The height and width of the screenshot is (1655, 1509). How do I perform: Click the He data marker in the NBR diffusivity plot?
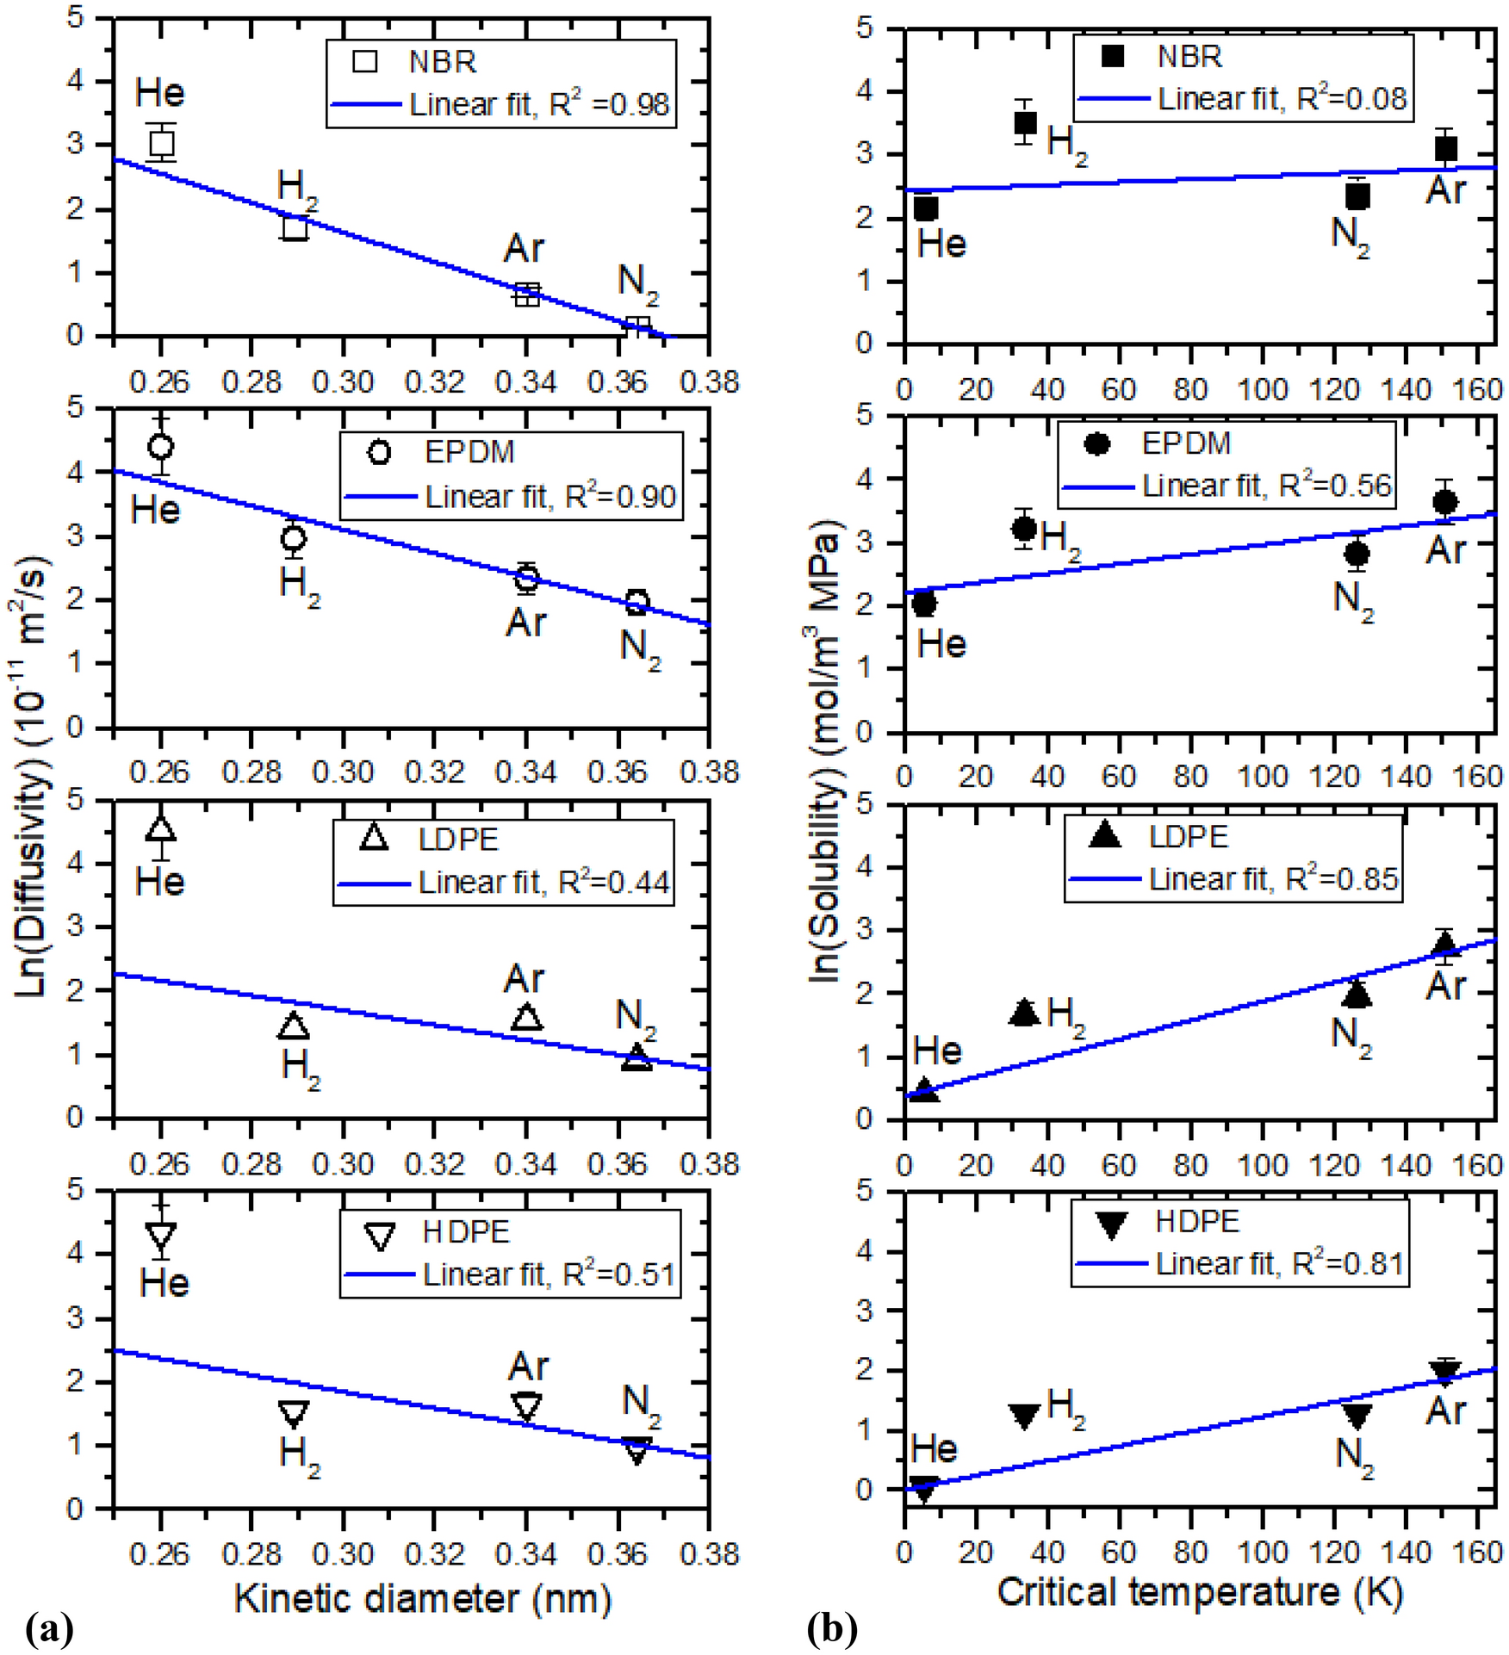tap(161, 143)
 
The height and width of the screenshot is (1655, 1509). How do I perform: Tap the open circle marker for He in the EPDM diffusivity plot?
tap(161, 446)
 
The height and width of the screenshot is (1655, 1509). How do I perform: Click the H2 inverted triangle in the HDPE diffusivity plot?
tap(294, 1412)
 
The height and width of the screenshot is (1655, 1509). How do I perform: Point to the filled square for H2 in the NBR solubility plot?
tap(1025, 122)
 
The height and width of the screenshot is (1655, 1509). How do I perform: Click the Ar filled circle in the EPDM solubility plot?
tap(1444, 502)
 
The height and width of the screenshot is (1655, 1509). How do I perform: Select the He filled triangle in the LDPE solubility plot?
tap(924, 1090)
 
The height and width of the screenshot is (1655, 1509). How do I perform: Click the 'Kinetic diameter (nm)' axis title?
tap(422, 1598)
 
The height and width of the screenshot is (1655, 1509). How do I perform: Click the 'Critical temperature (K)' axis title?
tap(1201, 1591)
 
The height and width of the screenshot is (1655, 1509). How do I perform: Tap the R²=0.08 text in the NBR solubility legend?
tap(1351, 99)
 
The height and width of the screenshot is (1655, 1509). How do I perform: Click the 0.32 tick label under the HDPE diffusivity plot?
tap(435, 1553)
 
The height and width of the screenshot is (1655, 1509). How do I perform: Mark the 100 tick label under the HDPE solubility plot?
tap(1262, 1553)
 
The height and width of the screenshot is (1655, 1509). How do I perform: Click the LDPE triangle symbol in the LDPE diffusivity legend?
tap(374, 838)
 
